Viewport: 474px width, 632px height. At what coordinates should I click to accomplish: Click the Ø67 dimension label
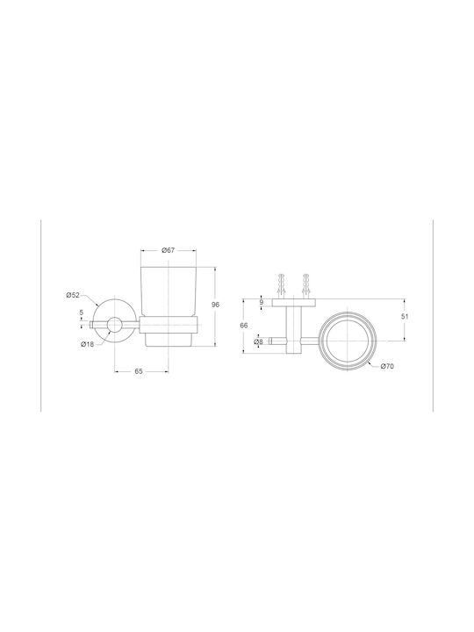tap(168, 250)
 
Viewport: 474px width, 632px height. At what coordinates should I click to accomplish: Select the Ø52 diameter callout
tap(73, 295)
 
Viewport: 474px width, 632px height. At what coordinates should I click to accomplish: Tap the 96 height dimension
tap(216, 305)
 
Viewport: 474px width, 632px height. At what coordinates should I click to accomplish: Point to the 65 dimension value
tap(139, 371)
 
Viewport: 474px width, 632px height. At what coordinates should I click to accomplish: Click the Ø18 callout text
tap(88, 344)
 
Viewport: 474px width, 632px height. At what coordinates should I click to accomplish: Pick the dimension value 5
tap(82, 312)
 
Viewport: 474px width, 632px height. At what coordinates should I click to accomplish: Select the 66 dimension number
tap(244, 326)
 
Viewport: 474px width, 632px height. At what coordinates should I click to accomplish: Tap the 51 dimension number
tap(405, 317)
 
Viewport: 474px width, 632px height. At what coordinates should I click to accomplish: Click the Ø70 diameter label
tap(387, 366)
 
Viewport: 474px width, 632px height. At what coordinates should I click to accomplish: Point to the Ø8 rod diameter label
tap(258, 341)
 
